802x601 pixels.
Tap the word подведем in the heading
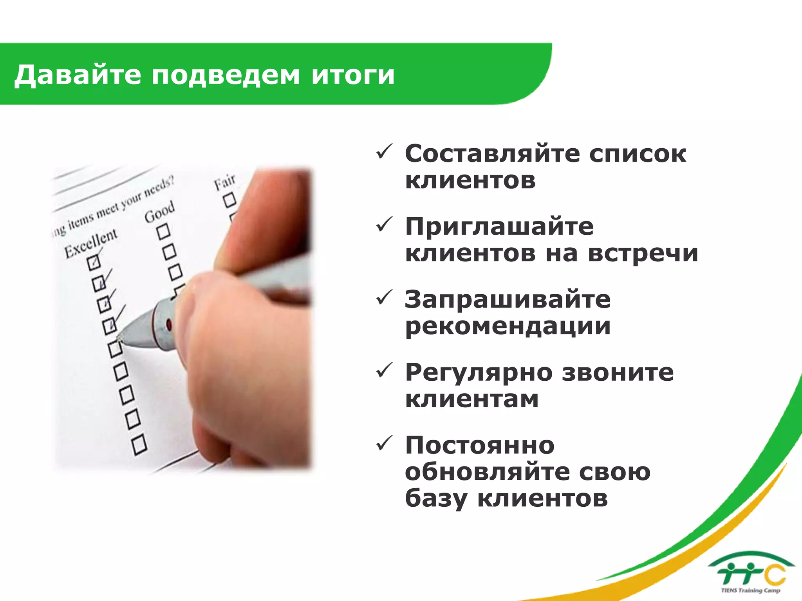click(226, 75)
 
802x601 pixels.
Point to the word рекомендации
click(508, 326)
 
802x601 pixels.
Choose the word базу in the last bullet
click(436, 498)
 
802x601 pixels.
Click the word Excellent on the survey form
click(91, 243)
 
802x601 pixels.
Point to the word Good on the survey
click(159, 211)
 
